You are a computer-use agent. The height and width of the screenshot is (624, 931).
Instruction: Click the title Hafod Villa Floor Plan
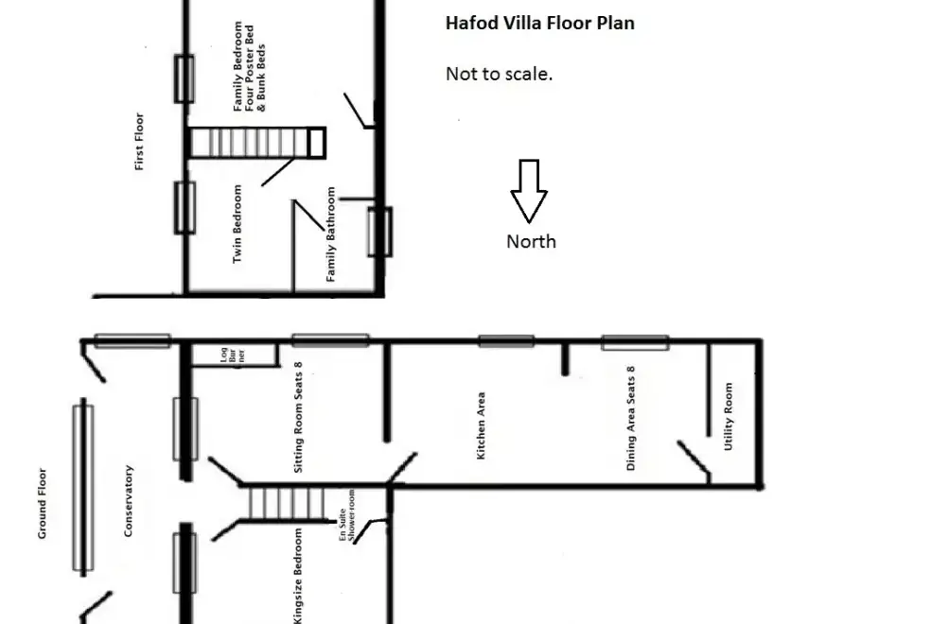click(x=539, y=23)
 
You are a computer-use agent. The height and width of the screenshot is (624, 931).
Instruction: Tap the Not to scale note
click(x=499, y=74)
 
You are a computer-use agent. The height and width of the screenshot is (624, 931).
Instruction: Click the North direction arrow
click(x=529, y=191)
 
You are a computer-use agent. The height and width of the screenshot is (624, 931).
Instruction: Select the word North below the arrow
click(x=531, y=241)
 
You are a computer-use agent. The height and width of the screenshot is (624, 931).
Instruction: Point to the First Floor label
click(x=139, y=141)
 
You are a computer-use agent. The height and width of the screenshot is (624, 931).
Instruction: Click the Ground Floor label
click(x=42, y=503)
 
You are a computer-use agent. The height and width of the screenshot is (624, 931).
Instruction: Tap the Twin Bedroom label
click(x=237, y=224)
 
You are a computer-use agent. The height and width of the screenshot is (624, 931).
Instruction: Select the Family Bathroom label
click(x=331, y=234)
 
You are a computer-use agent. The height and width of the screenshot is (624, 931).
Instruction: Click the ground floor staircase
click(x=286, y=503)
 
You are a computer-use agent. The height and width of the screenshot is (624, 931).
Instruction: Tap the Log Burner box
click(x=234, y=355)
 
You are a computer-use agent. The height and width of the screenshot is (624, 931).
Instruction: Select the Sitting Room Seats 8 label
click(x=298, y=417)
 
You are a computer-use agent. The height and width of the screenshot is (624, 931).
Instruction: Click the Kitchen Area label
click(x=481, y=425)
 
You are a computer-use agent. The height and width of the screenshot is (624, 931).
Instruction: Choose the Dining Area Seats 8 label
click(x=630, y=418)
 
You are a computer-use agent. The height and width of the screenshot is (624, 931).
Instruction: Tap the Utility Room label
click(x=729, y=416)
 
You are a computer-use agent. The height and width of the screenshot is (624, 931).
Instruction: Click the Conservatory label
click(x=129, y=501)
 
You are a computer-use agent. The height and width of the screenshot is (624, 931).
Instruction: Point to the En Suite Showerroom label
click(x=346, y=516)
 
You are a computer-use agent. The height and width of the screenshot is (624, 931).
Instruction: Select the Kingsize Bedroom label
click(x=298, y=576)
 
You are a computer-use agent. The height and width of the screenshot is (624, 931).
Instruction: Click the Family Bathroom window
click(x=380, y=232)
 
